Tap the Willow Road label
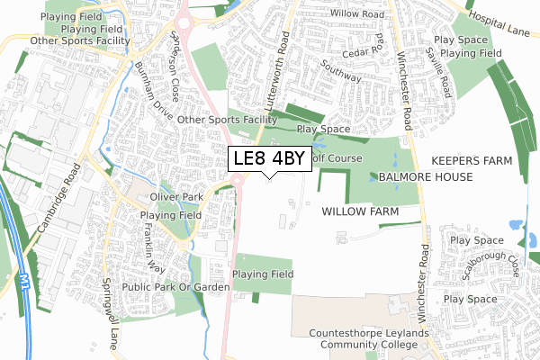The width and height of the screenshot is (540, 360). [356, 15]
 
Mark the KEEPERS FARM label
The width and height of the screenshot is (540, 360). [471, 160]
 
